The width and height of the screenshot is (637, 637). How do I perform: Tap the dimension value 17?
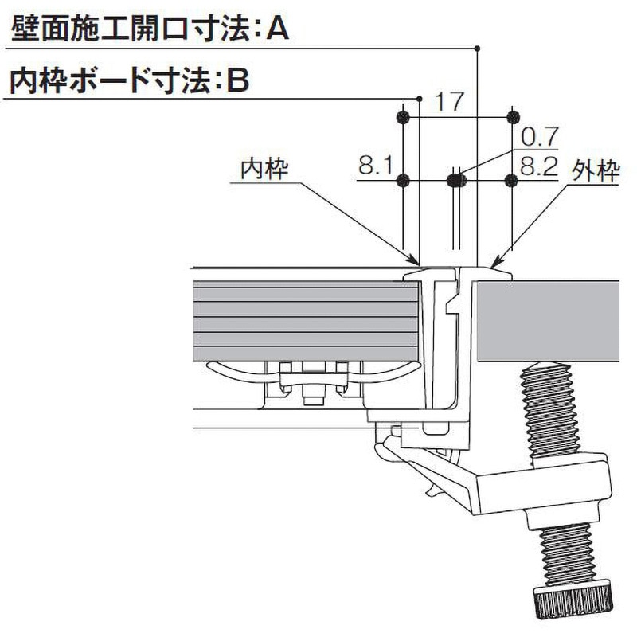(450, 102)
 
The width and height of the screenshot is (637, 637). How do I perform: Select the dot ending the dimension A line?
(477, 49)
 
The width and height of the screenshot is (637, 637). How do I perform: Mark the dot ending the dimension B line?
(420, 99)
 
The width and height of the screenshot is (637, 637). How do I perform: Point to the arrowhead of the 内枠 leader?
(416, 261)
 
